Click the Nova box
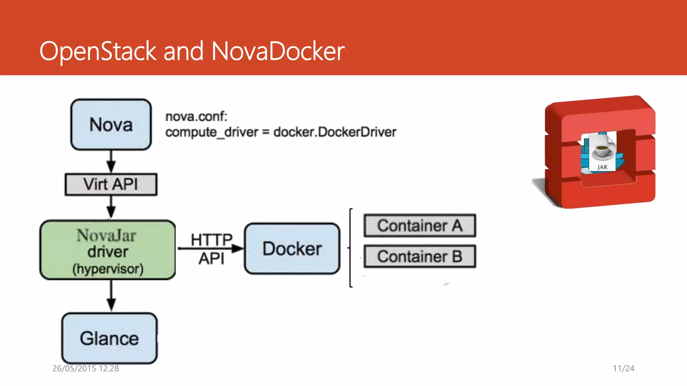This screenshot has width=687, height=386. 111,125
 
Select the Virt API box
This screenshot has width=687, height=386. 111,184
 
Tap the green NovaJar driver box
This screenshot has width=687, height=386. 108,250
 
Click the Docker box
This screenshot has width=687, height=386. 292,249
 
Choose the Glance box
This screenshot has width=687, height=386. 109,338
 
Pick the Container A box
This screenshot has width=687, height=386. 420,226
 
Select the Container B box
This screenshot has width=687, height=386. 420,257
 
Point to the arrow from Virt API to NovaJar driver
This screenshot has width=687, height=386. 111,207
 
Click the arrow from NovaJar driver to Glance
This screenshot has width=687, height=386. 111,296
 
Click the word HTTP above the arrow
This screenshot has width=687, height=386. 212,240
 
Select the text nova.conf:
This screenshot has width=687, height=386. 196,117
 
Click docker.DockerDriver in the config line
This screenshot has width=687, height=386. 335,132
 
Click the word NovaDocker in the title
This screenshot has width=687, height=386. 278,51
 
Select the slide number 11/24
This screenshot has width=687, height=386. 624,368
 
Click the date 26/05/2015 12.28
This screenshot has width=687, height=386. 86,368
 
